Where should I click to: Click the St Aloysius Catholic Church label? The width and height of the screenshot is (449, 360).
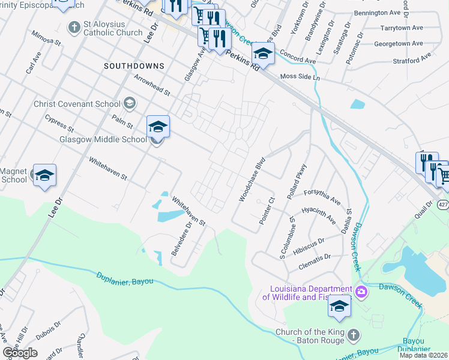[x=115, y=32]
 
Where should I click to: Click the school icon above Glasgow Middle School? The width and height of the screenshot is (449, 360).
[x=158, y=127]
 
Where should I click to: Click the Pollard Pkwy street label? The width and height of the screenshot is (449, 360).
[x=298, y=181]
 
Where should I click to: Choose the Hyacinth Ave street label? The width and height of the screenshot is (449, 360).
[x=319, y=216]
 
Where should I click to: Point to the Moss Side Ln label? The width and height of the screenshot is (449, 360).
[x=301, y=78]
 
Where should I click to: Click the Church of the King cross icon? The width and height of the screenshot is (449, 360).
[x=353, y=334]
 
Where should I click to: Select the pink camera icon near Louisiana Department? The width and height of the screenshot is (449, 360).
[x=361, y=292]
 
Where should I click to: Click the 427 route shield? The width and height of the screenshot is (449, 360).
[x=443, y=205]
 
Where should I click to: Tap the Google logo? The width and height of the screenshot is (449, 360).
[x=20, y=352]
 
